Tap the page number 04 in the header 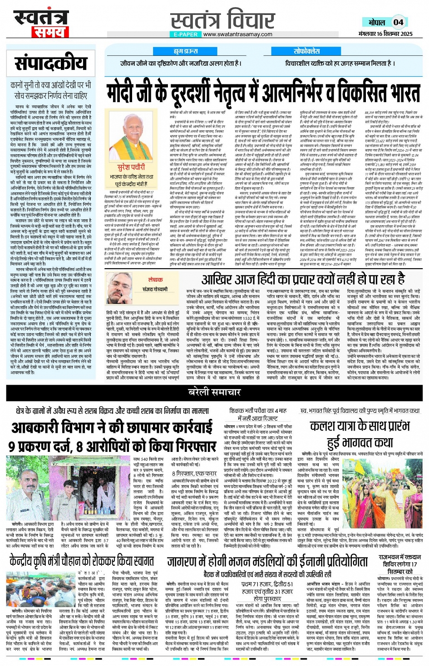pyautogui.click(x=398, y=22)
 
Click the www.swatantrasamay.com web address pyautogui.click(x=238, y=34)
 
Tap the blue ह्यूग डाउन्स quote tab pyautogui.click(x=186, y=51)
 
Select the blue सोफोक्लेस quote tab pyautogui.click(x=307, y=51)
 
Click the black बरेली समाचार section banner pyautogui.click(x=215, y=392)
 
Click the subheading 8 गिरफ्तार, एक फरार pyautogui.click(x=194, y=474)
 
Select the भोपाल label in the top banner pyautogui.click(x=377, y=22)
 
